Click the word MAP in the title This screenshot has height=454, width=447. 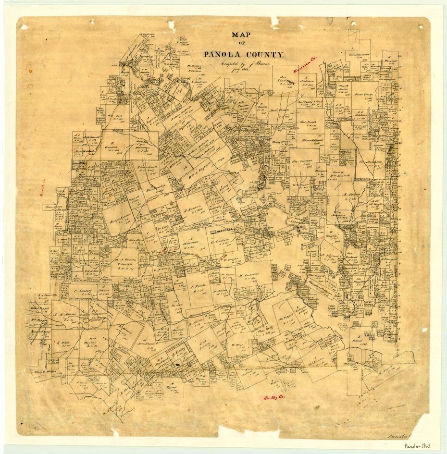click(x=243, y=35)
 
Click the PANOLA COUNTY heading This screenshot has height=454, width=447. click(x=244, y=54)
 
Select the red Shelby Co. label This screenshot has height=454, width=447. click(x=274, y=397)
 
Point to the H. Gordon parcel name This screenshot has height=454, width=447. click(x=112, y=146)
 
